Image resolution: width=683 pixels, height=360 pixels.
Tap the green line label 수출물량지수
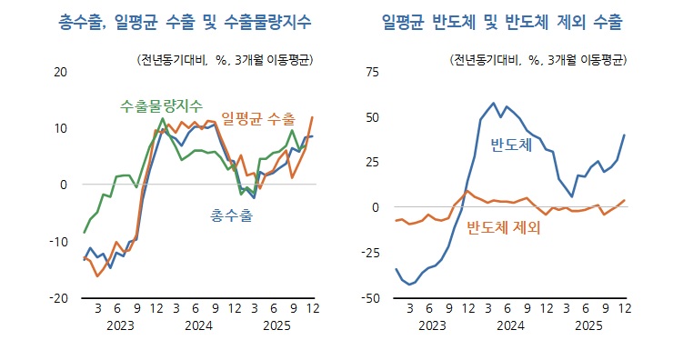(x=162, y=105)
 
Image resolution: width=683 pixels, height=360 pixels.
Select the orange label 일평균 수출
(x=258, y=118)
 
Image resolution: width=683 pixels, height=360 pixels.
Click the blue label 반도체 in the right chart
(x=510, y=145)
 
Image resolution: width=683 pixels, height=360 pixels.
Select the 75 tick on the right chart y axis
(x=373, y=71)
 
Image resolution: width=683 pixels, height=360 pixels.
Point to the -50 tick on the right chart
(x=370, y=298)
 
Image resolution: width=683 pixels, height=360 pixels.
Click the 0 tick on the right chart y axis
(x=376, y=207)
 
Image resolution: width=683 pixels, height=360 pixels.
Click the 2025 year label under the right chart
(x=588, y=325)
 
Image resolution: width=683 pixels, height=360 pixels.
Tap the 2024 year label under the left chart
(x=198, y=325)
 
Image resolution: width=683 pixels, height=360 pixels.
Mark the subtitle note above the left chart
(x=225, y=60)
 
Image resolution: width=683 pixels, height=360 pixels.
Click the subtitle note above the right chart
(x=539, y=60)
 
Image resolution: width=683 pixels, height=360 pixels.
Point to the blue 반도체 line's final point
(x=625, y=135)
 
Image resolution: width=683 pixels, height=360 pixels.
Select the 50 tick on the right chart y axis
(x=373, y=116)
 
